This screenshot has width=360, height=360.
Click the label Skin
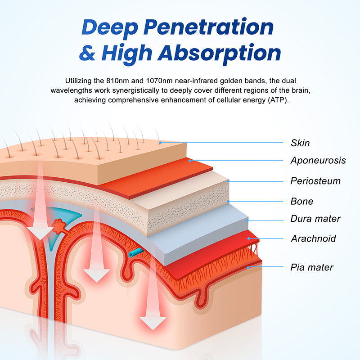point(300,143)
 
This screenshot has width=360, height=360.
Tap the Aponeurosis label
point(318,160)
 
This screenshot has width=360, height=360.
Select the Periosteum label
point(315,181)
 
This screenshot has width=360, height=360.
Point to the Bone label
point(301,201)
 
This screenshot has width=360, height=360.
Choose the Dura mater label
point(315,219)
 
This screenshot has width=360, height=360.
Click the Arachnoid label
point(314,238)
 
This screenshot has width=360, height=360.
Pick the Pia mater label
point(312,267)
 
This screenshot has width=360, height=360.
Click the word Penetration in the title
point(208,27)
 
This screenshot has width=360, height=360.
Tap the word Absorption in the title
point(219,54)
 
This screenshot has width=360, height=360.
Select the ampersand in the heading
point(87,53)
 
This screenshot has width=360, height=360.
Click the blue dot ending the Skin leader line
point(161,143)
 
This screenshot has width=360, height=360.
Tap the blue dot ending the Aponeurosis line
point(189,161)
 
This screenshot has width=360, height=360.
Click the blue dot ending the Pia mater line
point(248,268)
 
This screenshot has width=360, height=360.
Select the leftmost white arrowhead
point(40,233)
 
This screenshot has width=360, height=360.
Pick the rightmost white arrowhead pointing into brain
point(153,323)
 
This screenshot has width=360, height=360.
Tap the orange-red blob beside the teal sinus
point(59,226)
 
